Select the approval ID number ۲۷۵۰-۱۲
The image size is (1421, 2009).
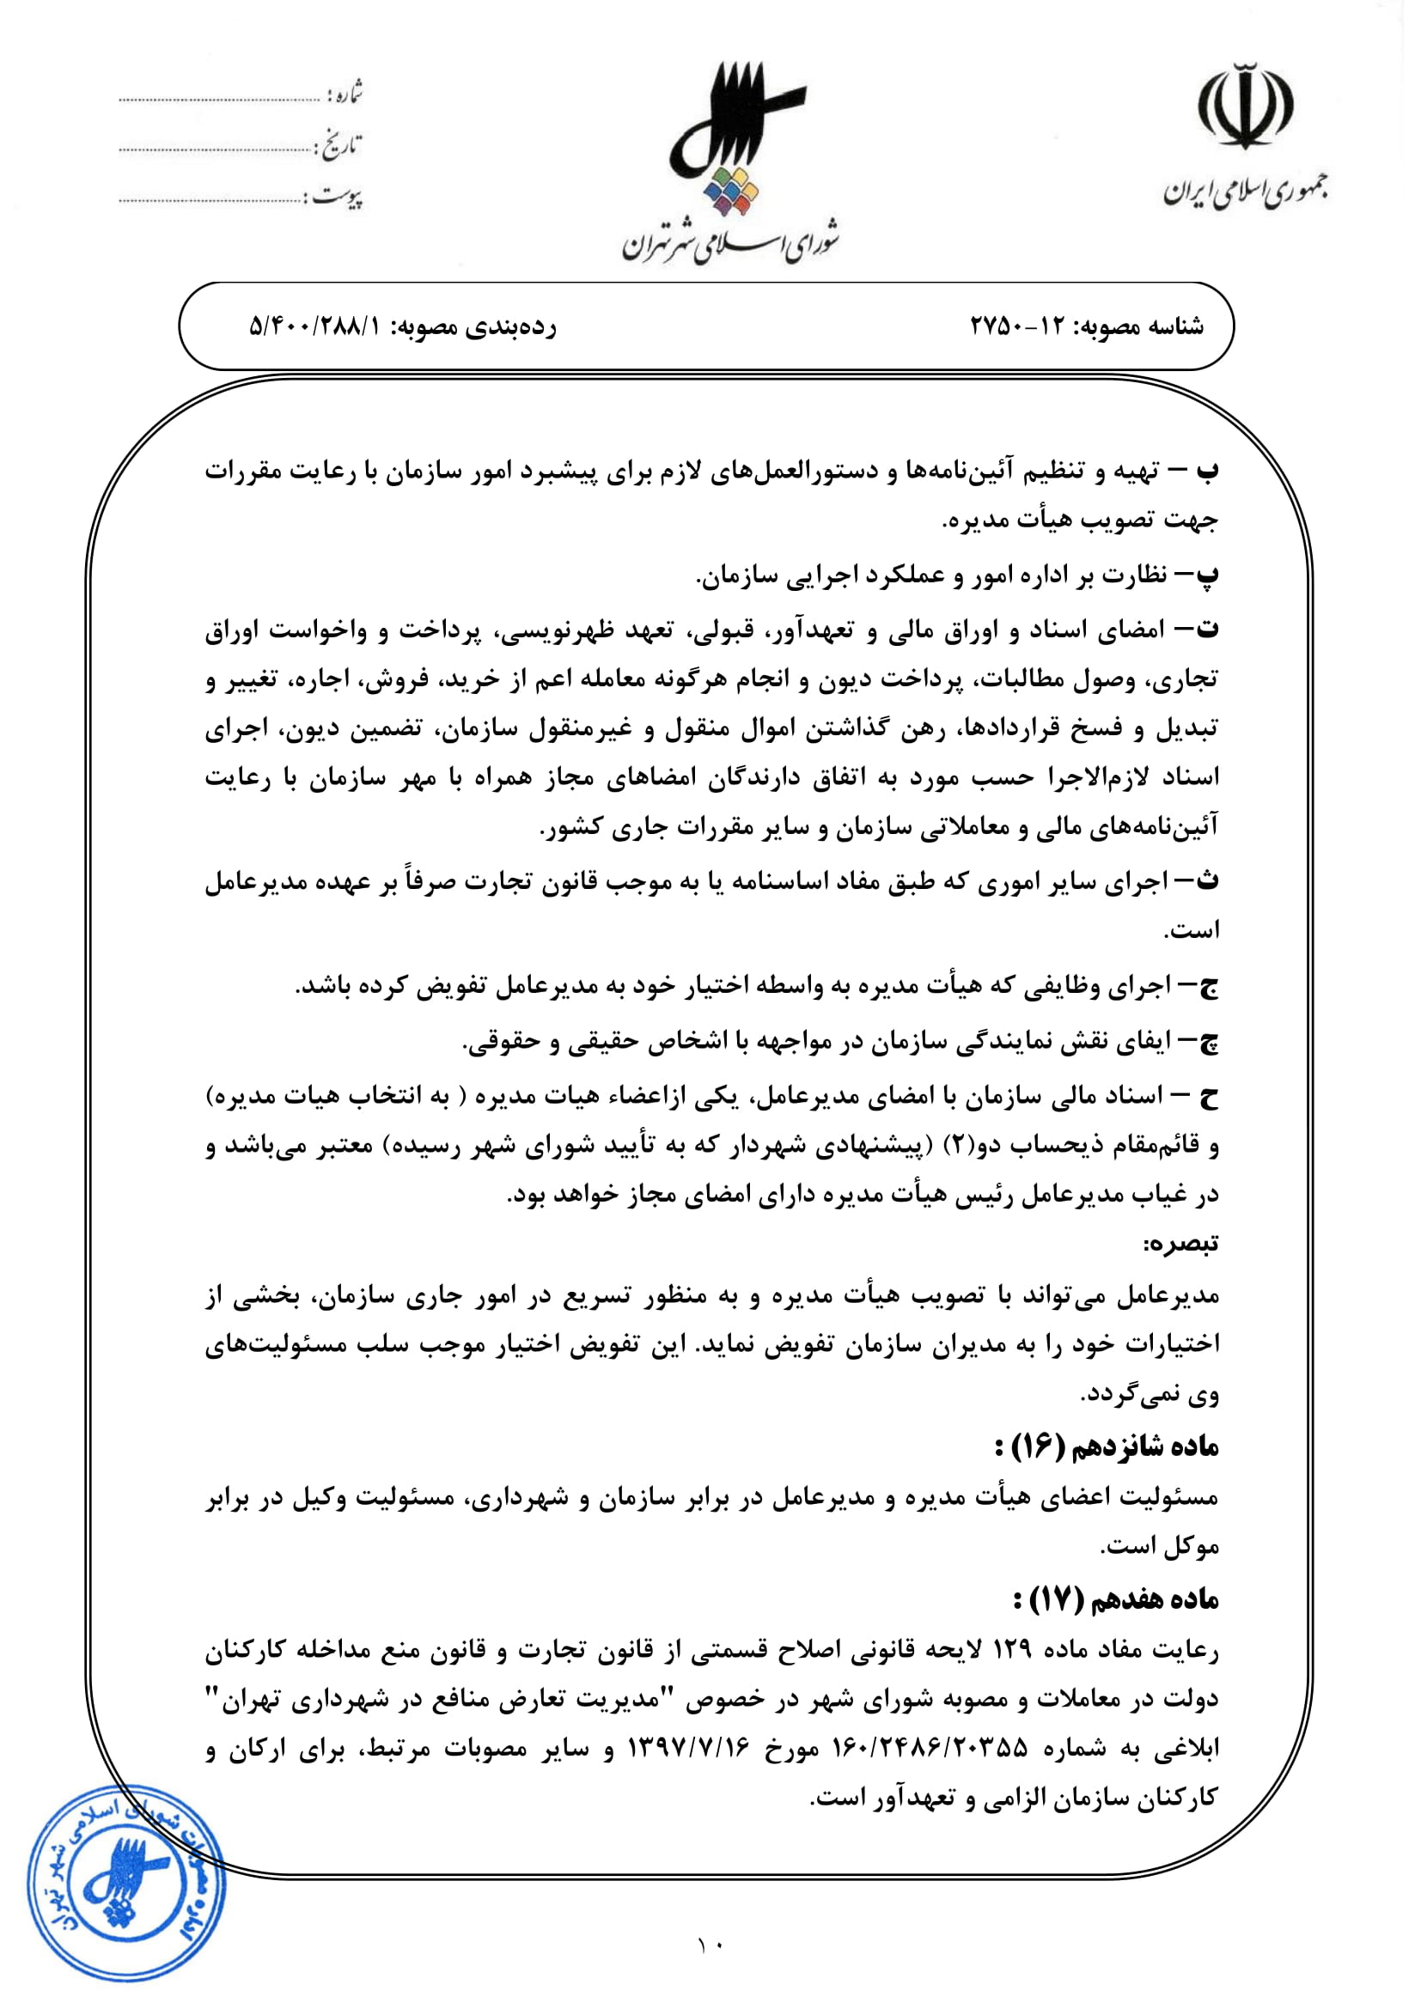1016,326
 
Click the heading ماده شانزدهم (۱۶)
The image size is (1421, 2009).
1107,1447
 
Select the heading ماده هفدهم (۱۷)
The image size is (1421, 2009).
1116,1599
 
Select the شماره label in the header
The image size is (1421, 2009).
344,93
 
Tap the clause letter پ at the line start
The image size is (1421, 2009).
1207,575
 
